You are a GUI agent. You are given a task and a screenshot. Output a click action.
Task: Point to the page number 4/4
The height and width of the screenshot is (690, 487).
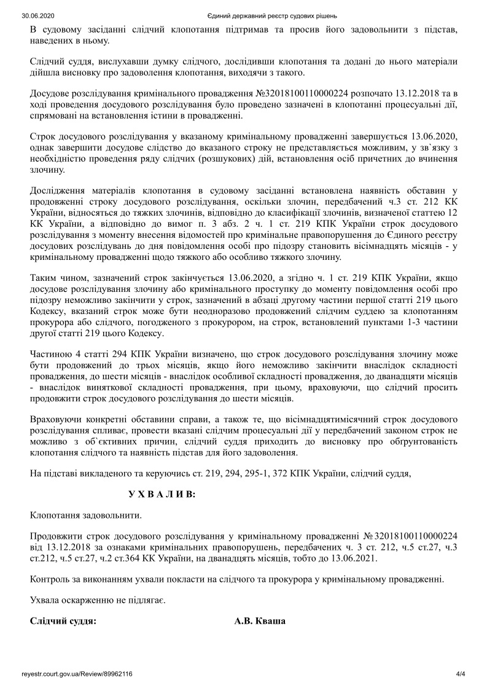(x=461, y=673)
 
